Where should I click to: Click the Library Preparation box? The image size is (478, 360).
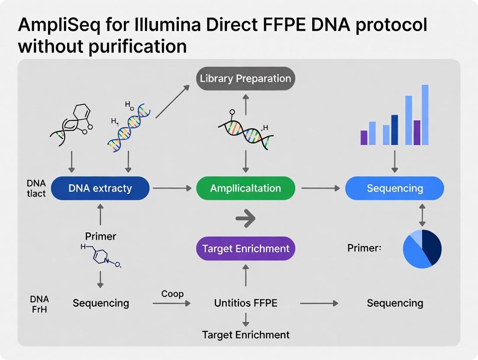(245, 78)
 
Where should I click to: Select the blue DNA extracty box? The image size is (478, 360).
(100, 188)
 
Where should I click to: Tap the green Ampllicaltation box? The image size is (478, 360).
(245, 188)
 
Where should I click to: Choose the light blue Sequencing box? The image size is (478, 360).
(394, 188)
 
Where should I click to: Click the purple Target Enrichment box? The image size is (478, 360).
(245, 248)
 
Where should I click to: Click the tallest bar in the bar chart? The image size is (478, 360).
(425, 115)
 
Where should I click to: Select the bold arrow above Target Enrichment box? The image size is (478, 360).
(245, 219)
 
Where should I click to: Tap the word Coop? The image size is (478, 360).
(172, 294)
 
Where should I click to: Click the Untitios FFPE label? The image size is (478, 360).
(245, 303)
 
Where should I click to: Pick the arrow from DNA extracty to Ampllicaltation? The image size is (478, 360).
(172, 188)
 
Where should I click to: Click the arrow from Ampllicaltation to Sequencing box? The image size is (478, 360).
(320, 188)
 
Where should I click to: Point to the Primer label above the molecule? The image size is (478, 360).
(100, 236)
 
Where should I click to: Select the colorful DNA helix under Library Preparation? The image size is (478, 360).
(245, 130)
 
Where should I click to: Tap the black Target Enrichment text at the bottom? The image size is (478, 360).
(245, 334)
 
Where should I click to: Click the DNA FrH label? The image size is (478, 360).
(39, 303)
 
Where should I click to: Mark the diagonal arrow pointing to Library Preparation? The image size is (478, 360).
(172, 101)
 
